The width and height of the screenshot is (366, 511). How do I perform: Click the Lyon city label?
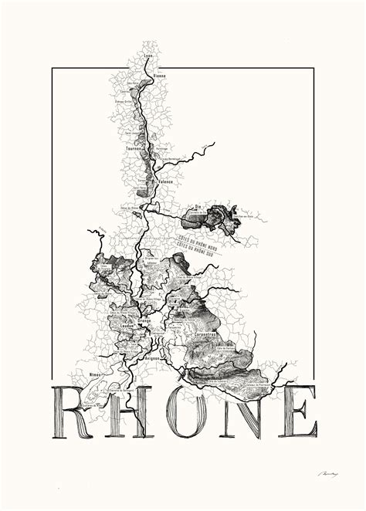[148, 57]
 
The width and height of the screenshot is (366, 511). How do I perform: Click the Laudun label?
[128, 326]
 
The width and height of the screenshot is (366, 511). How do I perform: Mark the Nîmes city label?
[97, 374]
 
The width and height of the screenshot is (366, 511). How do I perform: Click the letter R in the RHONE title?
[75, 413]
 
